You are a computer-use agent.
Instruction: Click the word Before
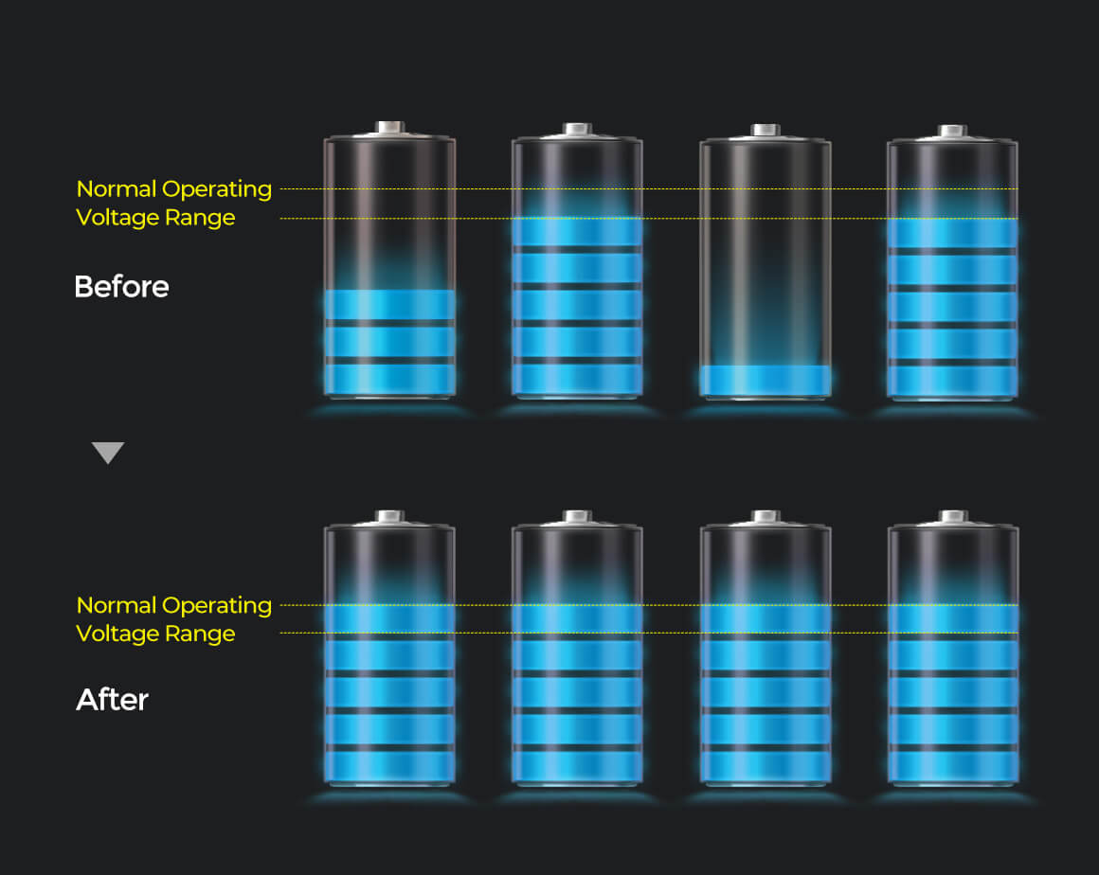122,287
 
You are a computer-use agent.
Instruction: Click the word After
112,699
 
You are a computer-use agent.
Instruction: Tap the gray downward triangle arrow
108,453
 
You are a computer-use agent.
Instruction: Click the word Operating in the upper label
217,189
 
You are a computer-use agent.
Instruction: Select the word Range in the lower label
201,634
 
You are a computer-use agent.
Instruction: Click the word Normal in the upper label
117,188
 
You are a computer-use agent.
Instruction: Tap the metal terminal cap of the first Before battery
389,127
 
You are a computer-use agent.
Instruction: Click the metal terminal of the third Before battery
766,130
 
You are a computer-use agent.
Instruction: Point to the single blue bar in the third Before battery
766,380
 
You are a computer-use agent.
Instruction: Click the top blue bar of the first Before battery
389,305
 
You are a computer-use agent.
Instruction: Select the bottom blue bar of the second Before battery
578,379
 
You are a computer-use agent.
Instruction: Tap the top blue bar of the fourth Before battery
952,233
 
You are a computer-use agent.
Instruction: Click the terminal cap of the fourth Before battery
953,131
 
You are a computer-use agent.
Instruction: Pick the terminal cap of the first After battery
389,516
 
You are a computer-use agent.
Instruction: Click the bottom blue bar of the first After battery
389,766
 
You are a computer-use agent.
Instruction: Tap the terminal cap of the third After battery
766,516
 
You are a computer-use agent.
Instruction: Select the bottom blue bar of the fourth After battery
953,766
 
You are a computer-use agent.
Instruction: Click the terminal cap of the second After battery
578,516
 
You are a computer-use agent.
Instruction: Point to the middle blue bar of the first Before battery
389,342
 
